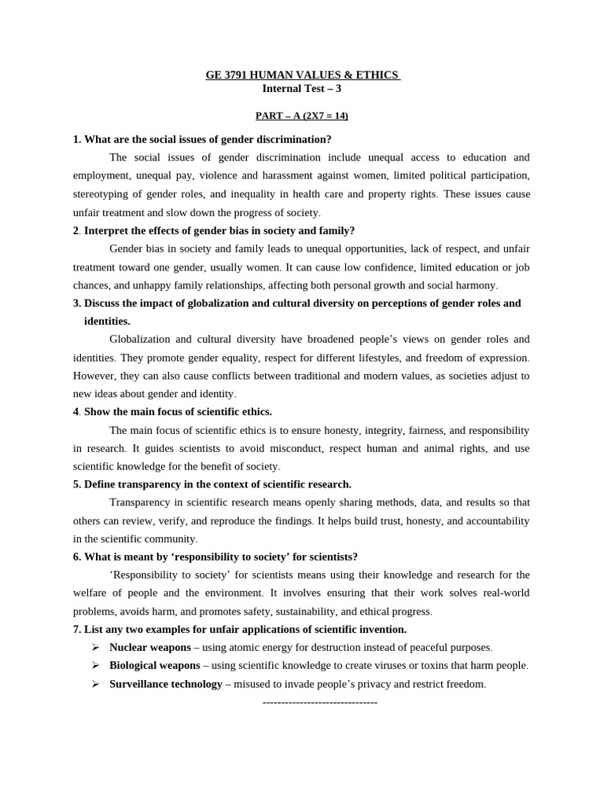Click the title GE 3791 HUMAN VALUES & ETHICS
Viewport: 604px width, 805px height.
click(x=302, y=75)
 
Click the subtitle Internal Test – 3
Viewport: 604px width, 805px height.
click(x=301, y=89)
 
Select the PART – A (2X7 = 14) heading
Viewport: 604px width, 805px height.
click(x=301, y=116)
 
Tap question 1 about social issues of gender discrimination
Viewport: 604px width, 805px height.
click(x=202, y=139)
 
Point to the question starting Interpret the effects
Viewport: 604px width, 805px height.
click(x=219, y=230)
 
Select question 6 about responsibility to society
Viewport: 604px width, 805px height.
click(x=215, y=557)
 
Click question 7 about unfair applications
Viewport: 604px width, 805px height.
click(x=240, y=629)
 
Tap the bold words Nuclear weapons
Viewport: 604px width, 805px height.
click(x=150, y=647)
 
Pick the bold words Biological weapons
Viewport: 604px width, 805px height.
click(x=155, y=665)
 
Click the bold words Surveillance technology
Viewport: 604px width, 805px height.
click(x=166, y=684)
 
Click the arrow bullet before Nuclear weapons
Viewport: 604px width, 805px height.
click(x=95, y=647)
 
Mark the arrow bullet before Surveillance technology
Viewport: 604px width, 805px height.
click(x=95, y=684)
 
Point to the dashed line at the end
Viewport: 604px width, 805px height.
click(x=320, y=702)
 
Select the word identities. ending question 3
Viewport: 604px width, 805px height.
click(x=107, y=321)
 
